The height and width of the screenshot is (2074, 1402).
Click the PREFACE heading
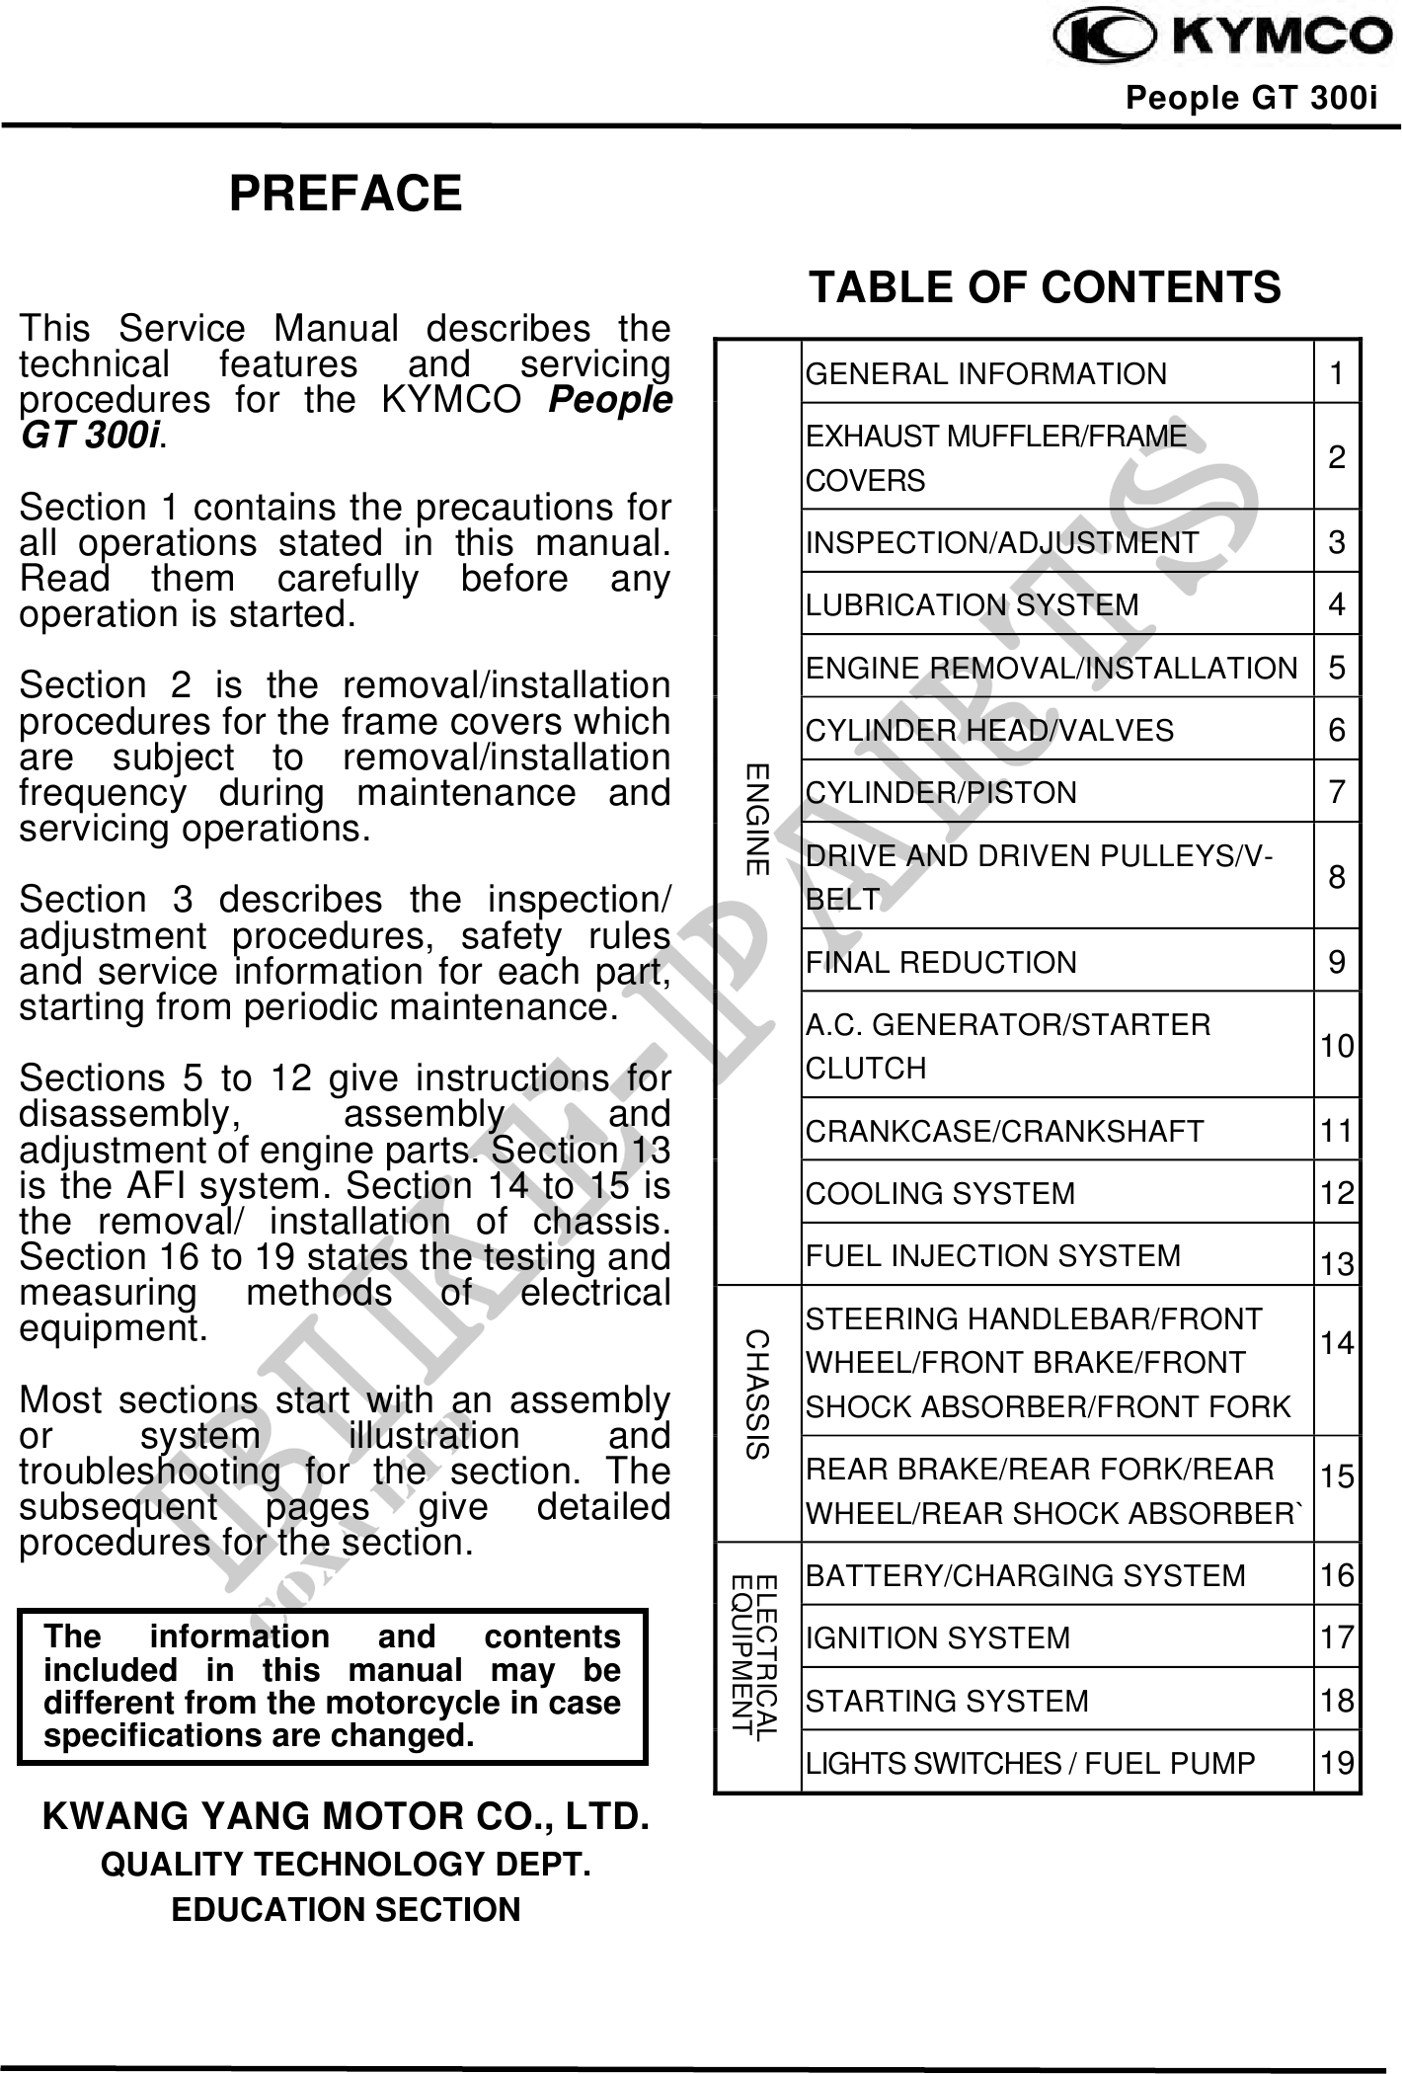(346, 193)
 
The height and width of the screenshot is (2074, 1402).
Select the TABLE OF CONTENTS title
(1045, 287)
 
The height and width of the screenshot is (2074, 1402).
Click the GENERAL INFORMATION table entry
(986, 374)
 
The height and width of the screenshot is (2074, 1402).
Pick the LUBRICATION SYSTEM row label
(973, 604)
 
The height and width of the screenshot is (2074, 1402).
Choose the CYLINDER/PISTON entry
(941, 792)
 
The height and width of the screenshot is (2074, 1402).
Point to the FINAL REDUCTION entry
(941, 962)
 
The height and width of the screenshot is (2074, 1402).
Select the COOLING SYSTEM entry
(940, 1193)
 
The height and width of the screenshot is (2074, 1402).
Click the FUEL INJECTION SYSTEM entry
(993, 1255)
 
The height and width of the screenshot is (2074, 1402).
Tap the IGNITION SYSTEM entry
(938, 1637)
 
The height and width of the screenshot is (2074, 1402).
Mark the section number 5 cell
(1337, 668)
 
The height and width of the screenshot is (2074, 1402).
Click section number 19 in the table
(1337, 1763)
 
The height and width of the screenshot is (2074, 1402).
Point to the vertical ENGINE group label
(757, 819)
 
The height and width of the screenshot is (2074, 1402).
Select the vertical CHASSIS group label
(757, 1395)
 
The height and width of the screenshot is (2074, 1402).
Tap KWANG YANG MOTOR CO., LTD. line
(346, 1816)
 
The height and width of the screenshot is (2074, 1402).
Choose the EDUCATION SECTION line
(346, 1909)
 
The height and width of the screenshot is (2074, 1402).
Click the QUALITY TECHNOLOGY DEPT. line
(346, 1865)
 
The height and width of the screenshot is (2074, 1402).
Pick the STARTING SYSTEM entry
(947, 1701)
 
